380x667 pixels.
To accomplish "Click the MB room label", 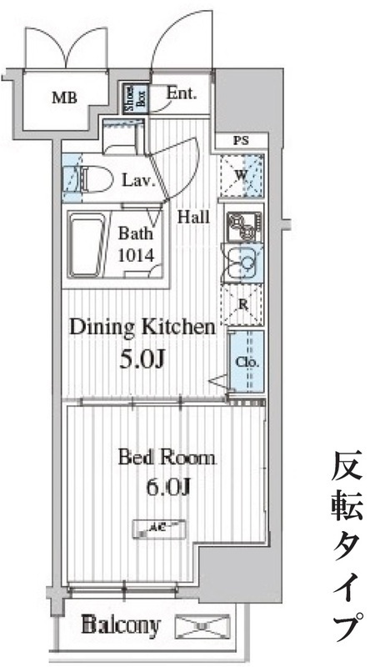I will pos(64,98).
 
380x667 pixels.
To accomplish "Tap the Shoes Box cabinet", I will pos(132,98).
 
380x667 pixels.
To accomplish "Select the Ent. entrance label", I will pos(181,93).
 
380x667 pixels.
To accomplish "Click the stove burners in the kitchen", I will pos(242,223).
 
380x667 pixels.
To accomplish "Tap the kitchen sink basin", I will pos(244,264).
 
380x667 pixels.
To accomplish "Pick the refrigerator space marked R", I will pos(242,305).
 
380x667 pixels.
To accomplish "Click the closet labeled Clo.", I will pos(247,363).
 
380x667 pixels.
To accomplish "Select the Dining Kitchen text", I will pos(142,327).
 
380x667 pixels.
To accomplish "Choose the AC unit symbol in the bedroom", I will pos(160,526).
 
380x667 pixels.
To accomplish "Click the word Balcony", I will pos(121,624).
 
